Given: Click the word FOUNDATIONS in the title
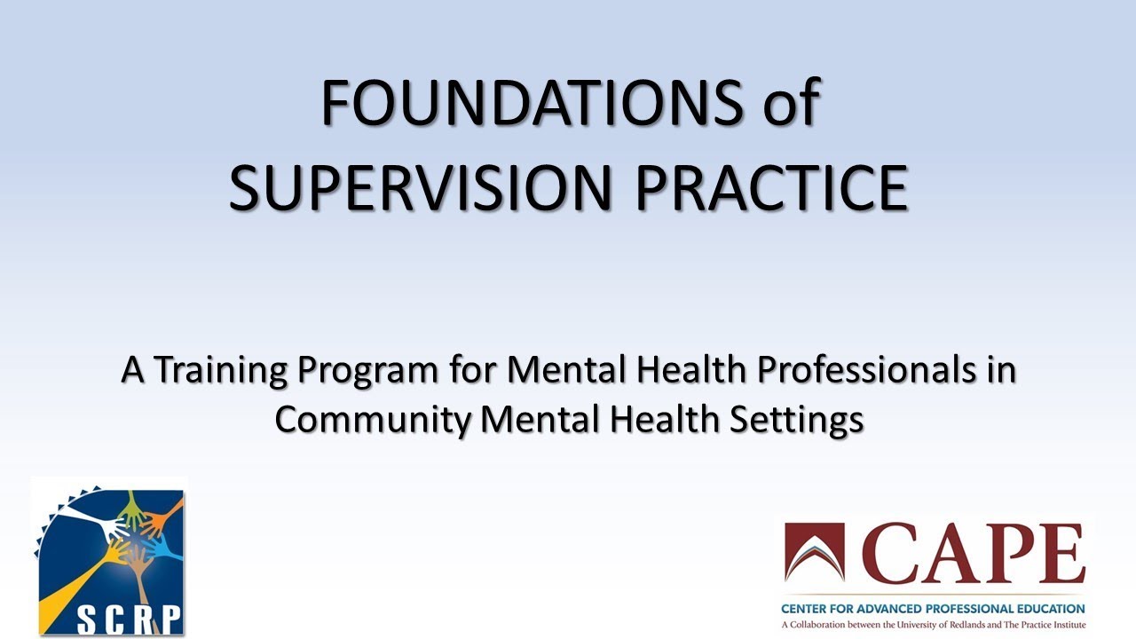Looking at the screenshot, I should [530, 103].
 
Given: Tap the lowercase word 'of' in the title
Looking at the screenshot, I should [790, 103].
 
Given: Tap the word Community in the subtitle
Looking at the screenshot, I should [372, 419].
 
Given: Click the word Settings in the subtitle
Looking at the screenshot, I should [796, 419].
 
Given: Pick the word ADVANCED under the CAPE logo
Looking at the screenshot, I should [892, 609].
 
